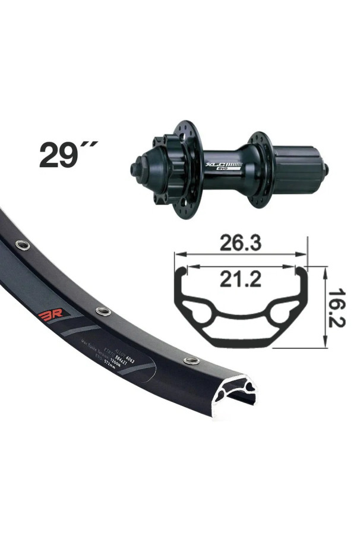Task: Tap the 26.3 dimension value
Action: coord(240,244)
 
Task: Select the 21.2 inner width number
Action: coord(240,278)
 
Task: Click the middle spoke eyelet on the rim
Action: coord(103,311)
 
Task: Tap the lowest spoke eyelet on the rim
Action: coord(191,360)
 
